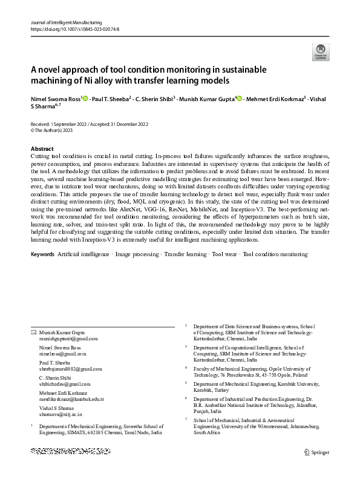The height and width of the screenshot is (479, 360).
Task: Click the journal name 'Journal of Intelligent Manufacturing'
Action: click(x=66, y=22)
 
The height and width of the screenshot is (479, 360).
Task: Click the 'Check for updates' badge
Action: click(x=319, y=52)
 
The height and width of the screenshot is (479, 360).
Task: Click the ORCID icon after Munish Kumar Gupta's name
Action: click(x=240, y=99)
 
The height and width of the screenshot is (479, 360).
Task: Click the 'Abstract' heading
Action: click(x=42, y=148)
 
